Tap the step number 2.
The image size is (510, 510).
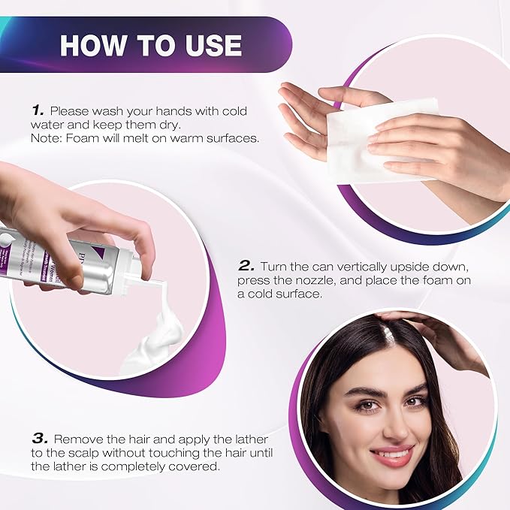click(x=246, y=266)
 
